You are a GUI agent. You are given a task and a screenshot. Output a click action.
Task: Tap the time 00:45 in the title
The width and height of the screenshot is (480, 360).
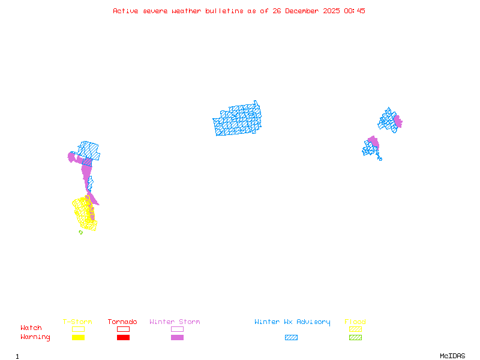(355, 11)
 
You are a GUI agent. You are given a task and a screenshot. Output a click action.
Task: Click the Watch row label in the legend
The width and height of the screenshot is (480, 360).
(31, 328)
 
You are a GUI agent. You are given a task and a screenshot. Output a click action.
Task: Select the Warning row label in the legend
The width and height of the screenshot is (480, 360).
(35, 337)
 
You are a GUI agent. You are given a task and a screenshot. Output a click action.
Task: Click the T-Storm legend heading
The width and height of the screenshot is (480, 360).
(77, 322)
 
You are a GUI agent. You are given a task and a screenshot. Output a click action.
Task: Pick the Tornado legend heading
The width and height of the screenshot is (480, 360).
(122, 322)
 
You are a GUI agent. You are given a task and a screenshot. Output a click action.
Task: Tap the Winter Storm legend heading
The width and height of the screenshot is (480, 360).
(175, 322)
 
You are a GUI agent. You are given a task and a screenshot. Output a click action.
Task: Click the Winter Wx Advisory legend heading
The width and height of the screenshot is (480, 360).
(292, 322)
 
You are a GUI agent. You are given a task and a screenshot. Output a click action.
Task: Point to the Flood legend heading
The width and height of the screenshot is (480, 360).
(355, 322)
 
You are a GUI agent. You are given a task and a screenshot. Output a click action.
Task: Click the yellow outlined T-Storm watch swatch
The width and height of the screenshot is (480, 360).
(78, 329)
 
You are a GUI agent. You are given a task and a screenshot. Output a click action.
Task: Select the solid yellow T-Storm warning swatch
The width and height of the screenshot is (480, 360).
(78, 338)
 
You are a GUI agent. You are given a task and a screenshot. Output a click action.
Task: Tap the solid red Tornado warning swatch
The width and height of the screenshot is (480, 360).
(123, 338)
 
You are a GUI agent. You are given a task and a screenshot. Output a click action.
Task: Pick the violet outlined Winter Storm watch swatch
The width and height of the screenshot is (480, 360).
(177, 329)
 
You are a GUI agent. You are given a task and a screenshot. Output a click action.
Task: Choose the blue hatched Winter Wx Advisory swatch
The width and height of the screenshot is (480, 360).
(291, 338)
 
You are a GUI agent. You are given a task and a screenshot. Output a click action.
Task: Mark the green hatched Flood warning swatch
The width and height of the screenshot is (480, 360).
(355, 338)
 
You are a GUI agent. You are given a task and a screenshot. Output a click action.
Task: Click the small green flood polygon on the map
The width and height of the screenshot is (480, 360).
(80, 232)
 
